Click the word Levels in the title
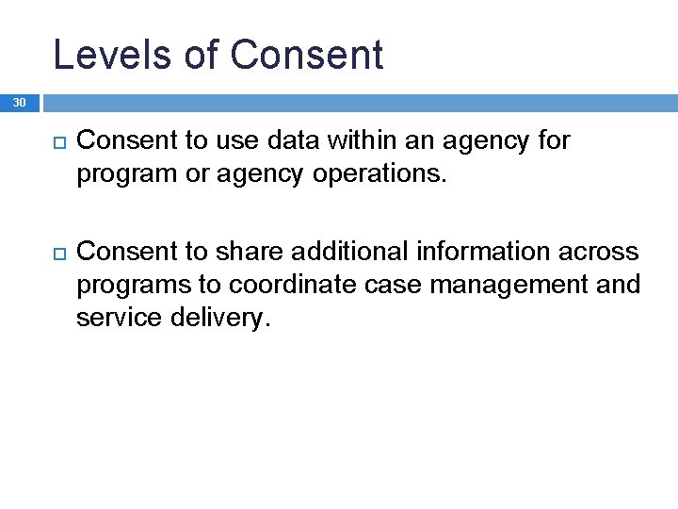[111, 55]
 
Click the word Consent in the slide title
[306, 55]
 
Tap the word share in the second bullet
[243, 252]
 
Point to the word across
[605, 253]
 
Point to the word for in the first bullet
[553, 141]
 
